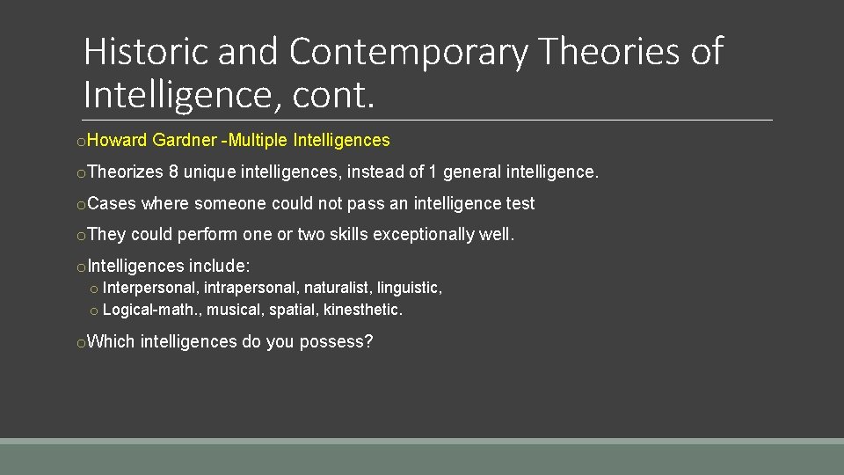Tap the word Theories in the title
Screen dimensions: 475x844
coord(608,52)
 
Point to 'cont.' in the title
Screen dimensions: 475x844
coord(334,94)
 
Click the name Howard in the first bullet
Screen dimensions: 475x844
coord(118,140)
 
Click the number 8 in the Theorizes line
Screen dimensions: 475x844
coord(174,172)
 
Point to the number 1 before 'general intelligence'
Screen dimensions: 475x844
coord(433,172)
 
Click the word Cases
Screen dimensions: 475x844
coord(113,203)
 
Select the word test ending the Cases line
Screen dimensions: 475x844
coord(520,203)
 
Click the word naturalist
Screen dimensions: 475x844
coord(336,288)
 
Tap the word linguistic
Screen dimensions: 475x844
coord(410,288)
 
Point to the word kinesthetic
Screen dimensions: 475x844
coord(363,310)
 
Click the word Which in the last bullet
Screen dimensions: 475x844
coord(112,341)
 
